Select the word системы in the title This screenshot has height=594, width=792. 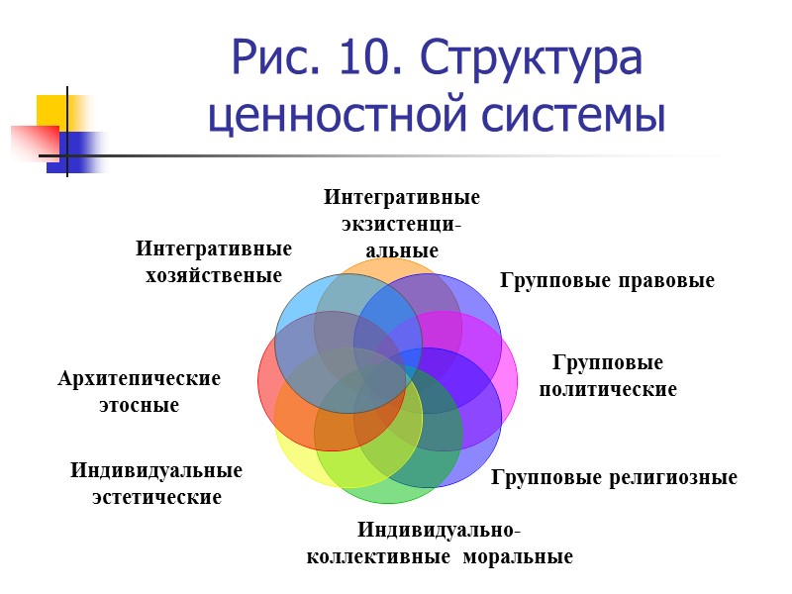(x=574, y=117)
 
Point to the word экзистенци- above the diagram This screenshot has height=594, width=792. (x=401, y=225)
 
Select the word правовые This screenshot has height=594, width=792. (x=666, y=281)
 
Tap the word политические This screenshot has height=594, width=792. (x=608, y=389)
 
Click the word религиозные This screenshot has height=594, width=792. (x=673, y=478)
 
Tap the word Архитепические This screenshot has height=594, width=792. (x=139, y=379)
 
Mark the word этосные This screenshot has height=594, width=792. (x=140, y=405)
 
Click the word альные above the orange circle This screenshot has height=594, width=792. (x=402, y=251)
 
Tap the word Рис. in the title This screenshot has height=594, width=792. (x=267, y=58)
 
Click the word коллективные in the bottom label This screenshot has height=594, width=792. (x=373, y=556)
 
